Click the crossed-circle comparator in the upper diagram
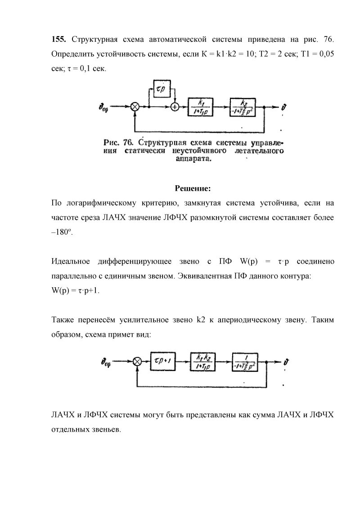135,107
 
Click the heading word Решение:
192,188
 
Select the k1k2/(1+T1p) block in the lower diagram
204,360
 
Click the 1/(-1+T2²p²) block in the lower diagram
247,360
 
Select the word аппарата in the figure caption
192,159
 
